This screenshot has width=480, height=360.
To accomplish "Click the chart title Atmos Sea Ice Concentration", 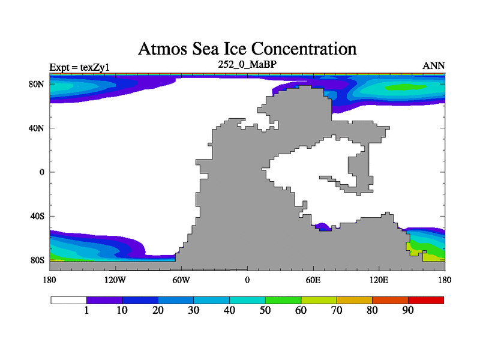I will (247, 49).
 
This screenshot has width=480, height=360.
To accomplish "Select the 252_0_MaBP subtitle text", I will (247, 64).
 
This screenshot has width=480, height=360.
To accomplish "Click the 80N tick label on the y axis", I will (37, 84).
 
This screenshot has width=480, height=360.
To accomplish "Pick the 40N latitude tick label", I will (37, 128).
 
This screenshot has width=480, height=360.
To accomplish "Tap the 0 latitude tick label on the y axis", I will (42, 172).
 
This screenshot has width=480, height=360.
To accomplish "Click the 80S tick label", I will (38, 260).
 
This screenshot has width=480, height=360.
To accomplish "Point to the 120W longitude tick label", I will (115, 280).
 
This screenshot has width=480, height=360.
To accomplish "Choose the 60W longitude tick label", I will (181, 280).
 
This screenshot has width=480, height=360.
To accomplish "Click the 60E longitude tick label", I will (313, 280).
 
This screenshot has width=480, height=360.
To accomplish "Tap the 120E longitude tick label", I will (379, 280).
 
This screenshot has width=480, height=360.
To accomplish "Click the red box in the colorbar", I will (426, 300).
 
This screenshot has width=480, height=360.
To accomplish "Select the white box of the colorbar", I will (68, 300).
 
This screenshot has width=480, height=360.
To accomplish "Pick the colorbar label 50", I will (265, 310).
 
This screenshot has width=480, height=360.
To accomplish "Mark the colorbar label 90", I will (408, 310).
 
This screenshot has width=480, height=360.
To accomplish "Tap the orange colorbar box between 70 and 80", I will (355, 300).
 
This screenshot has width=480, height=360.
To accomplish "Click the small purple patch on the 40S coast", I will (323, 227).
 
